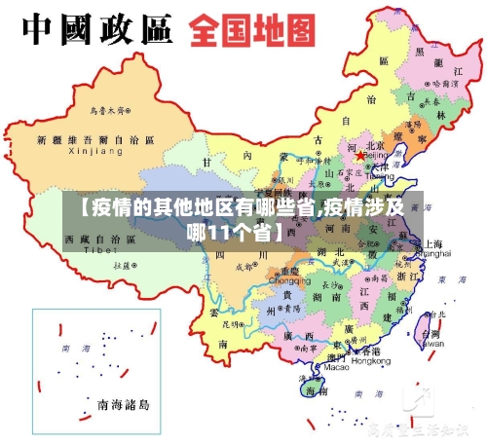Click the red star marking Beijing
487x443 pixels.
click(x=360, y=155)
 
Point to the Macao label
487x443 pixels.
click(x=336, y=368)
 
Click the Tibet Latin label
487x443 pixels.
click(x=99, y=250)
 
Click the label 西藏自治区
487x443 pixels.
click(x=99, y=239)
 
